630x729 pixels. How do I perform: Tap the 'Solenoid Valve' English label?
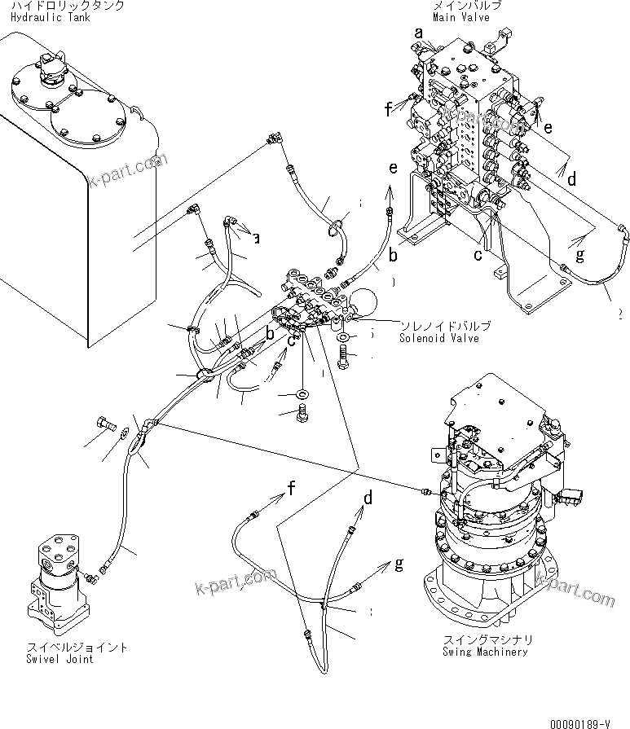coord(445,337)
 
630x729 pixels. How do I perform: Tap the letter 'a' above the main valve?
coord(419,33)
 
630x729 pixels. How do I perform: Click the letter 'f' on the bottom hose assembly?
coord(289,489)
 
